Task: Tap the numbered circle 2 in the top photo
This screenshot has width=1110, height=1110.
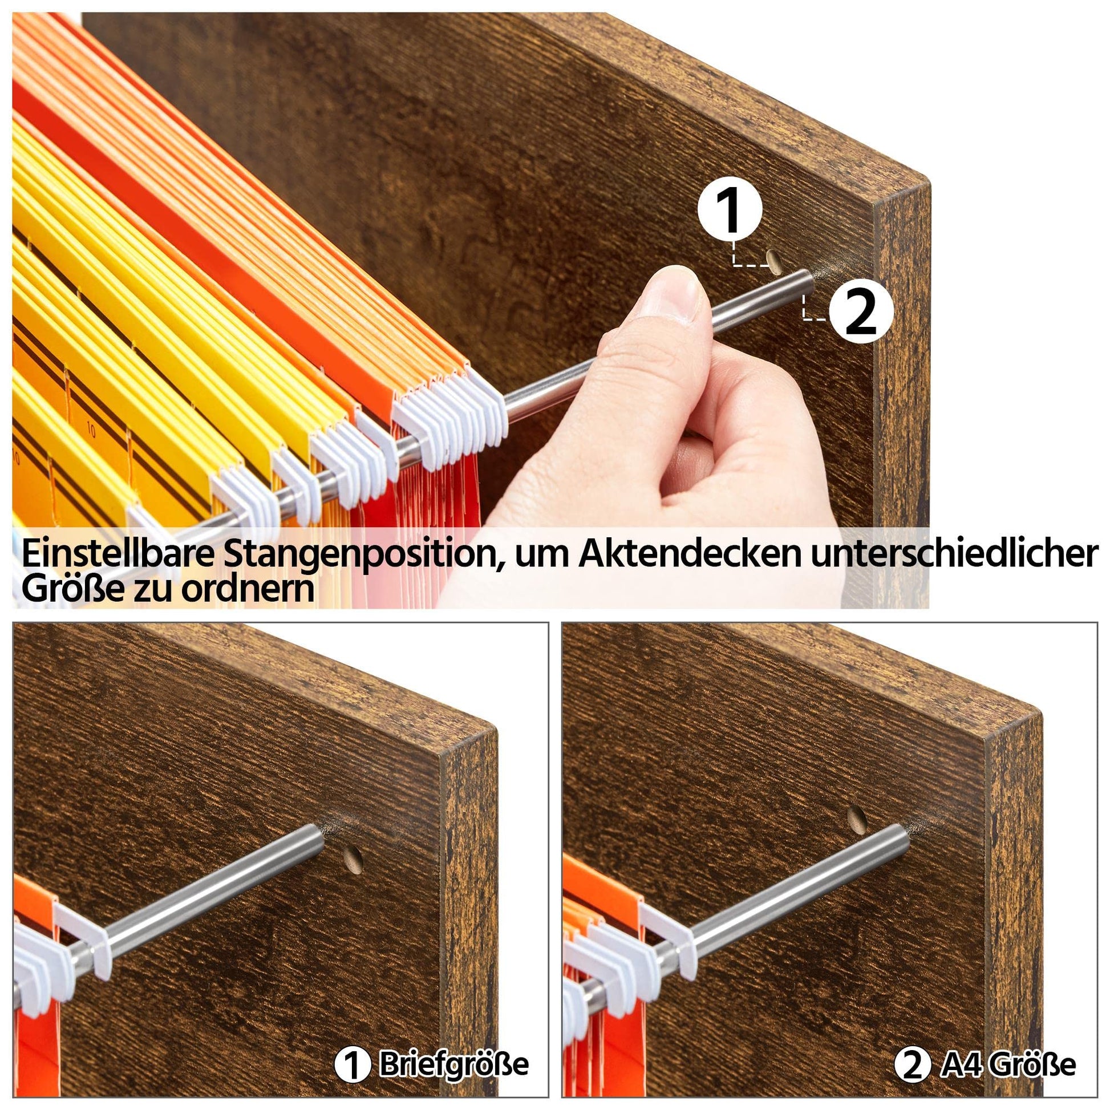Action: click(x=861, y=312)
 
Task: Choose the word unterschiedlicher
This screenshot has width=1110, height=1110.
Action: click(x=954, y=554)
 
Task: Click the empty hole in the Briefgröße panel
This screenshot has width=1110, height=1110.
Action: click(x=352, y=859)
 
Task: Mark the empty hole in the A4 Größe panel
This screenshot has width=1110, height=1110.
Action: click(x=857, y=819)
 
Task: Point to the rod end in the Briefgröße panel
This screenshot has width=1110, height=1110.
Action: click(x=313, y=840)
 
